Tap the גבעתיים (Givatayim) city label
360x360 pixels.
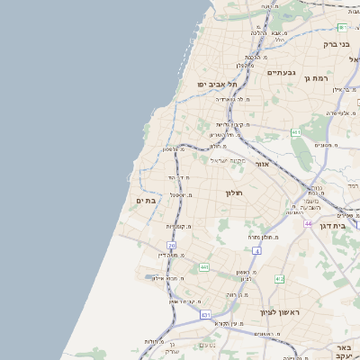point(282,72)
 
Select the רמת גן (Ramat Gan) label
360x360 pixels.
point(319,78)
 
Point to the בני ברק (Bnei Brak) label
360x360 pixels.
point(337,42)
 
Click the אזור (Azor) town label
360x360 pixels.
point(262,165)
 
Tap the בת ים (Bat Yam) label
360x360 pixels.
point(147,200)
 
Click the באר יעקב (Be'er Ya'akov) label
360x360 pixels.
point(342,352)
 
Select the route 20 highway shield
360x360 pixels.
point(171,245)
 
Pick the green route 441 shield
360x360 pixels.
point(205,267)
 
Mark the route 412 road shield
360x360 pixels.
point(279,279)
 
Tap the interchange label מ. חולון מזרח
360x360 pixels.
point(267,237)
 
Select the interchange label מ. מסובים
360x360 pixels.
point(325,145)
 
